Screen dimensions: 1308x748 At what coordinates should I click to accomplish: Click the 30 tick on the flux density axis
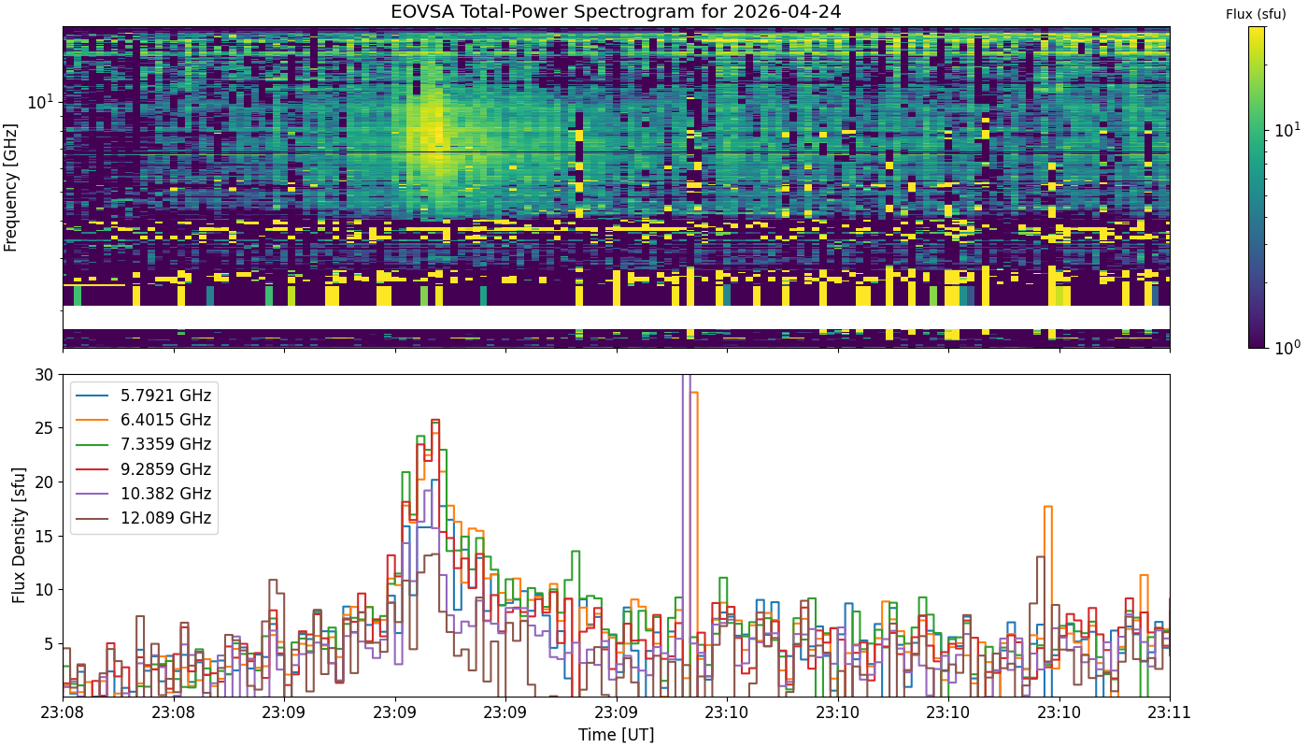pyautogui.click(x=44, y=375)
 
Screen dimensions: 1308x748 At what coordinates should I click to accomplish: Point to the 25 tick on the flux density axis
pyautogui.click(x=44, y=429)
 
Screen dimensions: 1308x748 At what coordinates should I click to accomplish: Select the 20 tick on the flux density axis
pyautogui.click(x=44, y=482)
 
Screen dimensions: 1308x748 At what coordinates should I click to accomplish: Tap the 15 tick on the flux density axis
pyautogui.click(x=44, y=537)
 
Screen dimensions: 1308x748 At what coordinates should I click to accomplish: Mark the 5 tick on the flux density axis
pyautogui.click(x=49, y=644)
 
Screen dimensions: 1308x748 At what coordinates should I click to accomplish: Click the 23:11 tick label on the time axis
pyautogui.click(x=1170, y=712)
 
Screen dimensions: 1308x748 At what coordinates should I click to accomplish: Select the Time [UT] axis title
pyautogui.click(x=616, y=735)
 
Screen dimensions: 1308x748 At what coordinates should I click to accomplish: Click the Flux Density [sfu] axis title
pyautogui.click(x=19, y=535)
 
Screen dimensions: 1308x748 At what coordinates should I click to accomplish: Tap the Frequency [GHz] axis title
pyautogui.click(x=10, y=188)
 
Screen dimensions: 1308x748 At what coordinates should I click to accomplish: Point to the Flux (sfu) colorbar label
pyautogui.click(x=1256, y=15)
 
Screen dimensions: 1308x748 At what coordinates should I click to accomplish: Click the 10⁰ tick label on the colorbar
pyautogui.click(x=1287, y=347)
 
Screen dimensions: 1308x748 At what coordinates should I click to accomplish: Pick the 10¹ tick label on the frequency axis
pyautogui.click(x=41, y=102)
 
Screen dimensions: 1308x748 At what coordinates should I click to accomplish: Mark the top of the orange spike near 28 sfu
pyautogui.click(x=694, y=393)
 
